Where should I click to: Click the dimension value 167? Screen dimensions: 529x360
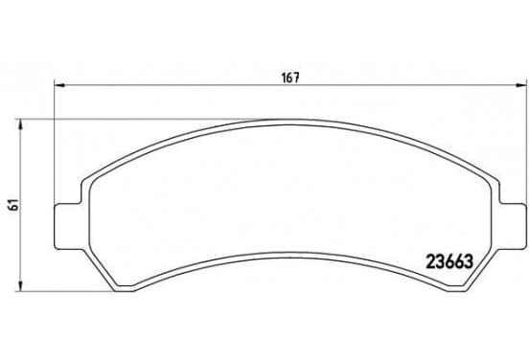290,78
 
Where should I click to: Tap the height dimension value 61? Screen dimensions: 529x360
14,205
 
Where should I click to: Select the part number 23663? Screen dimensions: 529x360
450,261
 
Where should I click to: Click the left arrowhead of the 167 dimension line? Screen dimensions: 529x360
59,85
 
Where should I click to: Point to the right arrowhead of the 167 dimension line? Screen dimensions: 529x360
521,85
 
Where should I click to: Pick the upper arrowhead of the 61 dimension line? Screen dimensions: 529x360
21,124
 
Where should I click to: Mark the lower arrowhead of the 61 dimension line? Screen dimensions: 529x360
21,286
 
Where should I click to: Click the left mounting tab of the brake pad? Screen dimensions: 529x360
67,227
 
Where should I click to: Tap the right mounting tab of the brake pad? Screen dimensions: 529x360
513,227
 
